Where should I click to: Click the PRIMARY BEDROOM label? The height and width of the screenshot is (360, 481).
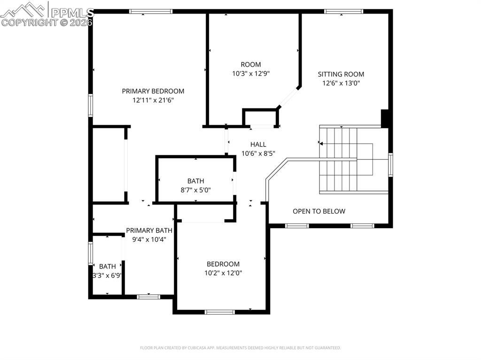coord(153,91)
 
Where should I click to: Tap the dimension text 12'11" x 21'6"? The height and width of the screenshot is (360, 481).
coord(153,100)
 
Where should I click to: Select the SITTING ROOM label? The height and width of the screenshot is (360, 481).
coord(341,74)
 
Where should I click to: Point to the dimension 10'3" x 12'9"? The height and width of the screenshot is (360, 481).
coord(250,74)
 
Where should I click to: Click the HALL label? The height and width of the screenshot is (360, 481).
coord(258,145)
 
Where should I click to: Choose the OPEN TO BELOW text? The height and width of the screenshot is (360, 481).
coord(319,211)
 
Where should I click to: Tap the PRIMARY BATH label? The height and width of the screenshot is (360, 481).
coord(149,230)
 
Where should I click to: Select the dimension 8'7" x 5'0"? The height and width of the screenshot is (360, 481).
coord(195,190)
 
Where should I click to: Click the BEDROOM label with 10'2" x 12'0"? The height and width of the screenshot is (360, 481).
coord(223,264)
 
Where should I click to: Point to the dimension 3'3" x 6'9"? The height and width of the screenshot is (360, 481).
coord(107,276)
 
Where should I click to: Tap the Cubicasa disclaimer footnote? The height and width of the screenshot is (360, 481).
coord(240,348)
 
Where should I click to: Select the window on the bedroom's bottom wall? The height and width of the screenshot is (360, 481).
coord(220,312)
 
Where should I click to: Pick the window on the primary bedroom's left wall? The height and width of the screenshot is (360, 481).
coord(91,105)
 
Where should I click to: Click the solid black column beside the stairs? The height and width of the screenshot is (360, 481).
coord(385,119)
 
